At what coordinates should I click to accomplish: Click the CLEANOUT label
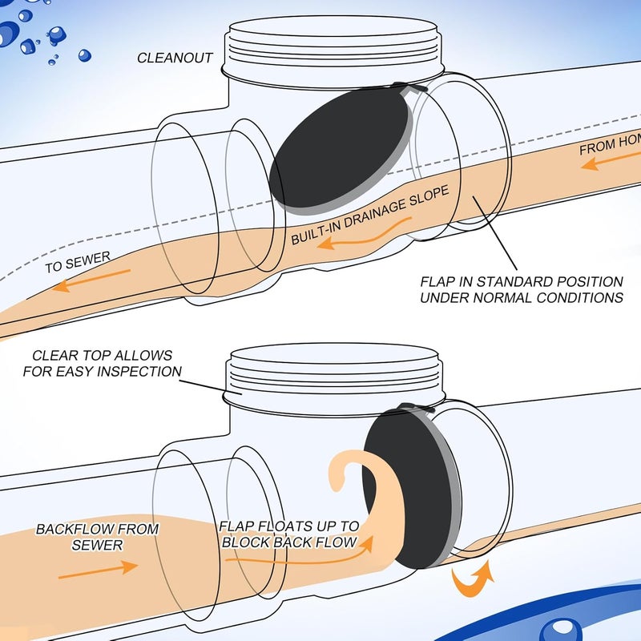175,58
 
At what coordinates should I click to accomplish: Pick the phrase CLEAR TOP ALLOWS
102,355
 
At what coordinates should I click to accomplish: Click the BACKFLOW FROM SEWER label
97,537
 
